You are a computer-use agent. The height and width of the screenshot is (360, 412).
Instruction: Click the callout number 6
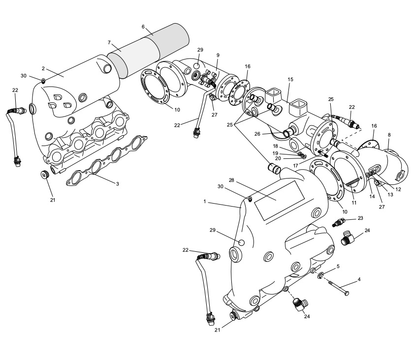143,27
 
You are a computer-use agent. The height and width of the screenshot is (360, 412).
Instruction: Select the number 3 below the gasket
117,183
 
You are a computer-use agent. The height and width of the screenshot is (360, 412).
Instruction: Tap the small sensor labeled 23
340,222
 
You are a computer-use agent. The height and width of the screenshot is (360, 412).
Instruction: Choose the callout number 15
290,79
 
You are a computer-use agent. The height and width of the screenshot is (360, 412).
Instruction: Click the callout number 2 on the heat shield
43,69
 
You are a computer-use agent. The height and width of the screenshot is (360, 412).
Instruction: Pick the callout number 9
218,55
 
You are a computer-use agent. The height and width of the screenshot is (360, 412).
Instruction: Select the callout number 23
360,218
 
